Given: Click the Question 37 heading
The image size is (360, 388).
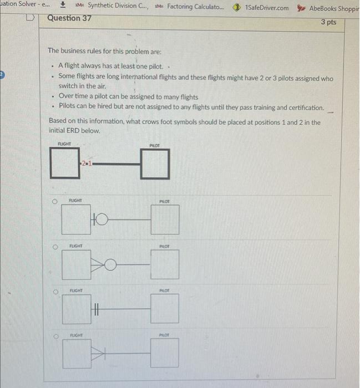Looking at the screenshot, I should (x=69, y=18).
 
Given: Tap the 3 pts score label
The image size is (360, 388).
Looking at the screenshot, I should (x=328, y=22).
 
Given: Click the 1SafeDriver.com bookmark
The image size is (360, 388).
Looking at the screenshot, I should (x=261, y=7).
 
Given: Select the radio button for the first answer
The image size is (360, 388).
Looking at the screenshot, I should (x=54, y=203).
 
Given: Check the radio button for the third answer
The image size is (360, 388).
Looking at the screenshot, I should (x=54, y=290).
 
